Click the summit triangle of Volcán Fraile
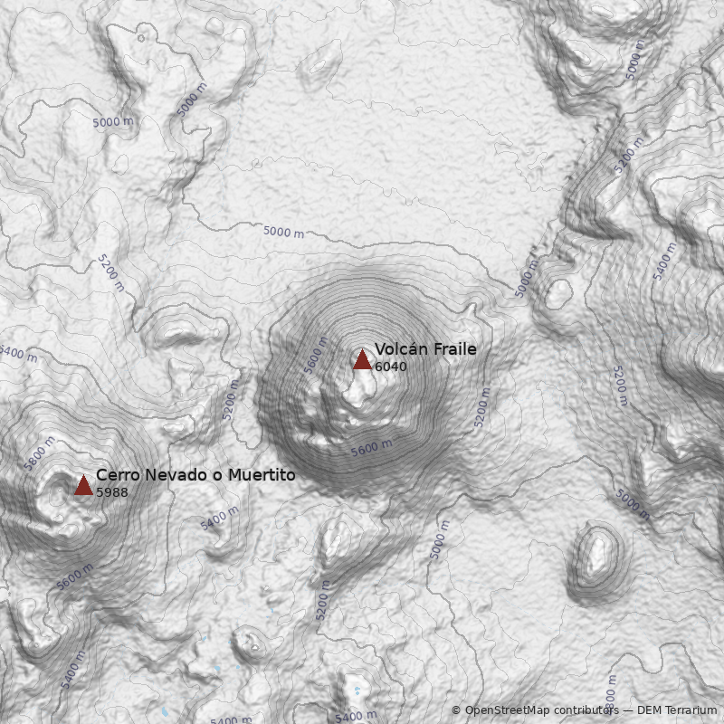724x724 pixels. tap(362, 360)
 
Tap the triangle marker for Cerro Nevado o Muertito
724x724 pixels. tap(83, 486)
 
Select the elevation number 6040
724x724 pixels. tap(390, 367)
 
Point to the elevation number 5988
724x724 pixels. tap(111, 492)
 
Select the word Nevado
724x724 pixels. tap(175, 475)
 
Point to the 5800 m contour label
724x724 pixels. tap(40, 452)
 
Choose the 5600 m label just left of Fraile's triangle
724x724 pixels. tap(315, 356)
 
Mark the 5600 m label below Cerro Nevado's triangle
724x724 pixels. tap(74, 577)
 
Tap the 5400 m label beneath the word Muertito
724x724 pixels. tap(219, 518)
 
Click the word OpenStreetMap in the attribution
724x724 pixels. tap(507, 710)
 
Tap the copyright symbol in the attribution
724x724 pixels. tap(455, 710)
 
